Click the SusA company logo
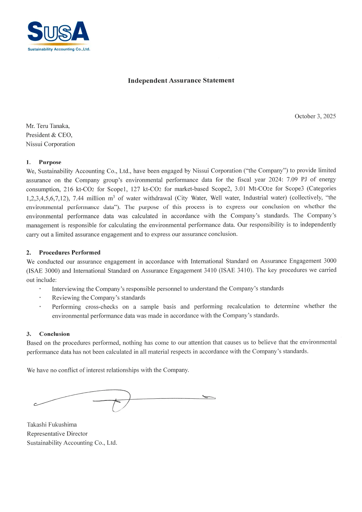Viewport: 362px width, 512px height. click(58, 33)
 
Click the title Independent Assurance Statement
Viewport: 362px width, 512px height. click(181, 80)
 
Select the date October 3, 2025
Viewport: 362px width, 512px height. click(315, 116)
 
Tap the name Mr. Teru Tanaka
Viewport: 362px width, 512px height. click(48, 126)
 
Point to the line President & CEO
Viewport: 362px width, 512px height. click(49, 135)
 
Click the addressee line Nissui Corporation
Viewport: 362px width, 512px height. click(51, 144)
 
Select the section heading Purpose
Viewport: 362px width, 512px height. click(50, 162)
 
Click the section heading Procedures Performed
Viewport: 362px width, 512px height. click(70, 253)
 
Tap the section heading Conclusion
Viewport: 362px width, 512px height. click(54, 334)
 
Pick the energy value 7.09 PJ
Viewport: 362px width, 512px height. click(296, 180)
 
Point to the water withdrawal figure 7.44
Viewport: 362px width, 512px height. click(78, 198)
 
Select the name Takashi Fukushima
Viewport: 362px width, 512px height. click(52, 425)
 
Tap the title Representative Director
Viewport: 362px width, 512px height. click(57, 434)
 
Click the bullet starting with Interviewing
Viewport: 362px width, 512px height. click(168, 289)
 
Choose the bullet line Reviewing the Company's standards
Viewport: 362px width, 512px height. click(99, 298)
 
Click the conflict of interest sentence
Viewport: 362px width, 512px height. click(108, 370)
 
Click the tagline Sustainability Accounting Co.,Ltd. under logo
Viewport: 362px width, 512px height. click(59, 49)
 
